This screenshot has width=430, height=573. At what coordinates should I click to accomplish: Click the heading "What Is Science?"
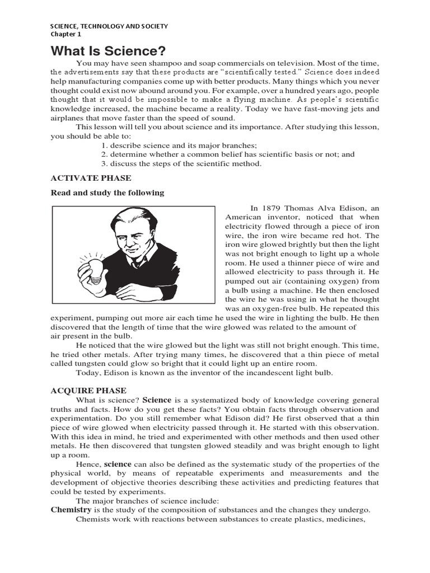[108, 51]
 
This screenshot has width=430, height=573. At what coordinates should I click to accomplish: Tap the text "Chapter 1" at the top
[66, 34]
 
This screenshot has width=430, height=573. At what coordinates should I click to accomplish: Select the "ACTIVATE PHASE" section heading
[91, 178]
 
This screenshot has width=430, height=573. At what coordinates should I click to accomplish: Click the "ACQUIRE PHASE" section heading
[88, 391]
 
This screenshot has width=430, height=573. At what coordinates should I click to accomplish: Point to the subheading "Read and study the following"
[107, 193]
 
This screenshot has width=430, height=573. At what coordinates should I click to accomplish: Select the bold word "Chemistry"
[71, 510]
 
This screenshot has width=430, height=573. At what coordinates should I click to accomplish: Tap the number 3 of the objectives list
[104, 163]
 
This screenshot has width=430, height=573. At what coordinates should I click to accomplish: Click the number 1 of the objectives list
[104, 145]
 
